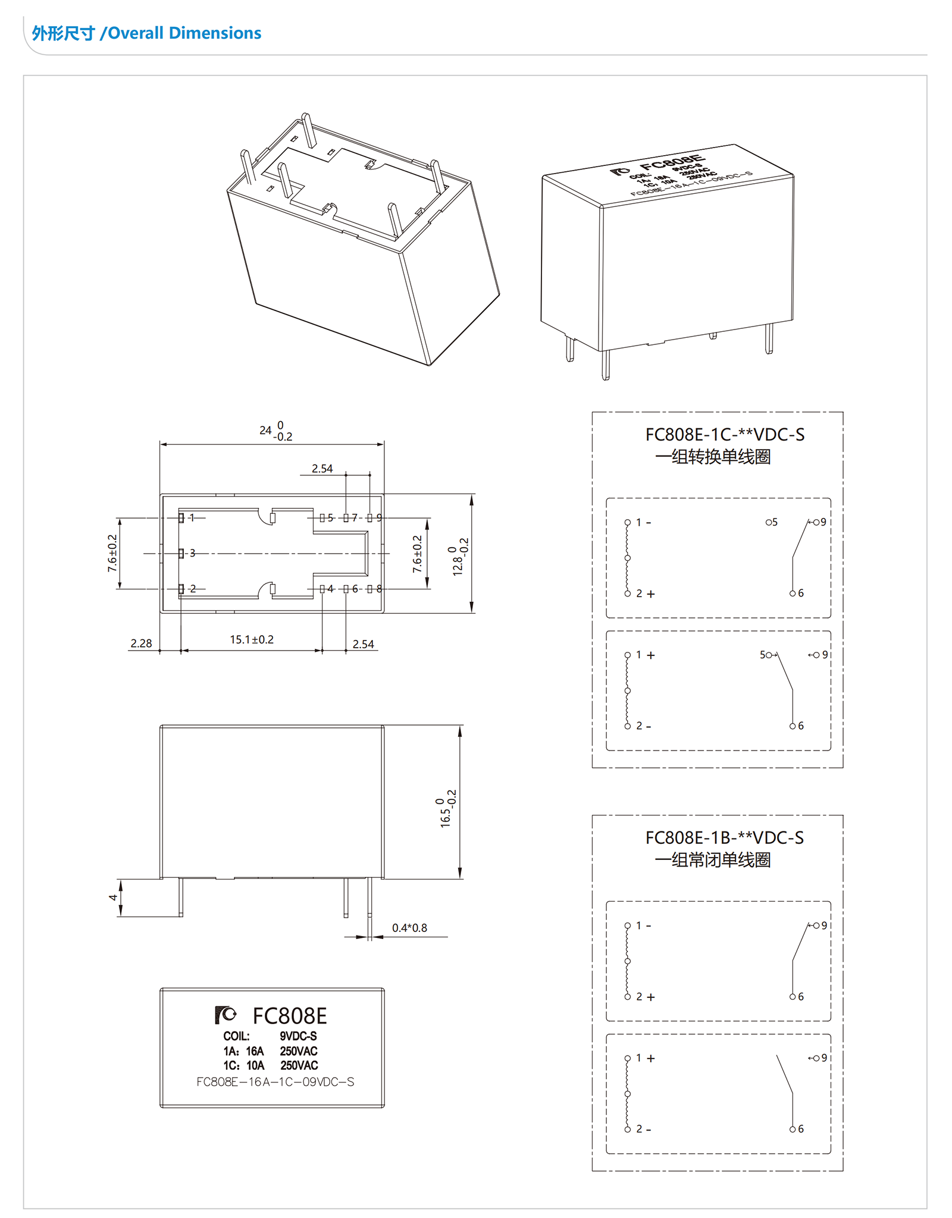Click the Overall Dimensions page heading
click(146, 33)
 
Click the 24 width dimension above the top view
click(275, 431)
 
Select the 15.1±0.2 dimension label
click(252, 639)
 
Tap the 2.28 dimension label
click(141, 643)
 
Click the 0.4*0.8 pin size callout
click(409, 928)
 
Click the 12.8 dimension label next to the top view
click(460, 557)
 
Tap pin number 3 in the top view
click(192, 553)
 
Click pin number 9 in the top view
click(379, 518)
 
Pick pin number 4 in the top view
click(330, 589)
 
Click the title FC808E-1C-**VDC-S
click(724, 435)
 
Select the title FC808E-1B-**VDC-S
click(724, 838)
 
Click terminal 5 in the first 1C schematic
click(772, 522)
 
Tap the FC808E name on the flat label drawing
click(289, 1016)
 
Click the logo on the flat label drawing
click(226, 1014)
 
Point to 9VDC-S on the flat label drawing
click(298, 1036)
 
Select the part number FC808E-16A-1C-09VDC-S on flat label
click(275, 1082)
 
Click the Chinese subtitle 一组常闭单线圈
click(712, 860)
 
